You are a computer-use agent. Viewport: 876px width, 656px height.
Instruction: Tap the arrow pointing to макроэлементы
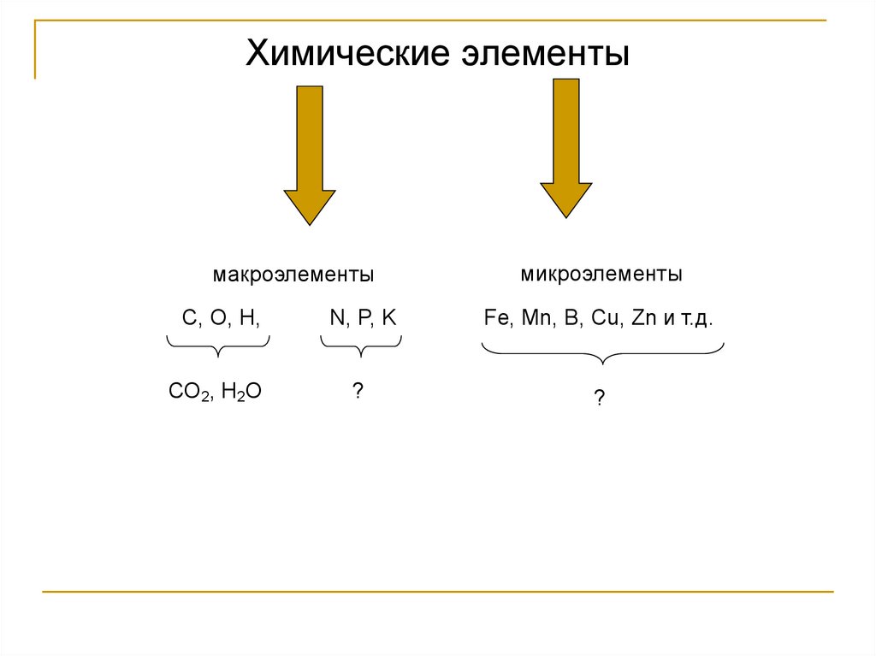310,154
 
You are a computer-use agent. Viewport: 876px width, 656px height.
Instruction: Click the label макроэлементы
293,275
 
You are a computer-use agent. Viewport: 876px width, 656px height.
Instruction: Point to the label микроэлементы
601,275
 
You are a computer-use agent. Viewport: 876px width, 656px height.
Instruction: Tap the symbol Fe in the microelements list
495,318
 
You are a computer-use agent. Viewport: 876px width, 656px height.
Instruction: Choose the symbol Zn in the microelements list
642,318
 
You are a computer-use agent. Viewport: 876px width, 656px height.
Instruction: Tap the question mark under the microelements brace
601,398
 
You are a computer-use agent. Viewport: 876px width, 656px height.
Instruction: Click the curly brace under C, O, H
218,346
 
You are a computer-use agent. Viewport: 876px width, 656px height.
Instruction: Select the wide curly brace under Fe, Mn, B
603,352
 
